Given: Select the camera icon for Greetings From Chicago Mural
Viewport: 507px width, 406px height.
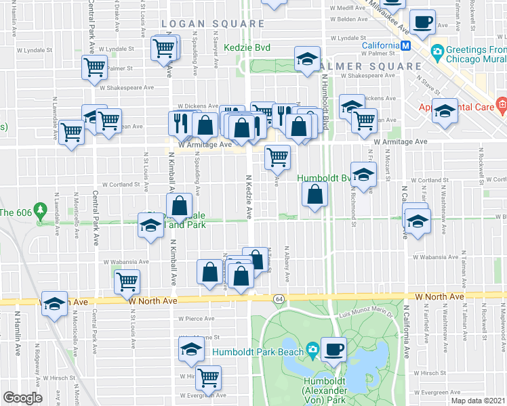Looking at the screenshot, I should click(x=437, y=51).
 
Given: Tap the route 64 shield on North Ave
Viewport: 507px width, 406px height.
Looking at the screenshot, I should click(x=279, y=298).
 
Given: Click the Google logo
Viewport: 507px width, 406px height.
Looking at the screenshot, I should click(x=22, y=397).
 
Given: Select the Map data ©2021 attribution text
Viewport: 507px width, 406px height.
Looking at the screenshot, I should click(x=479, y=401).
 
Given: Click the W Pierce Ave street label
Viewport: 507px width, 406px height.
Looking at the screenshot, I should click(x=195, y=318).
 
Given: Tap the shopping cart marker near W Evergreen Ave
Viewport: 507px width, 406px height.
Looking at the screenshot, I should click(x=209, y=376).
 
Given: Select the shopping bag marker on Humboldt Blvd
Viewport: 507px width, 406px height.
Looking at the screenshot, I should click(x=315, y=196).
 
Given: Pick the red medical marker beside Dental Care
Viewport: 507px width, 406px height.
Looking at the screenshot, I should click(x=501, y=106).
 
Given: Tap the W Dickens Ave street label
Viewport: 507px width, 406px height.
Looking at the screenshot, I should click(x=195, y=106).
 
